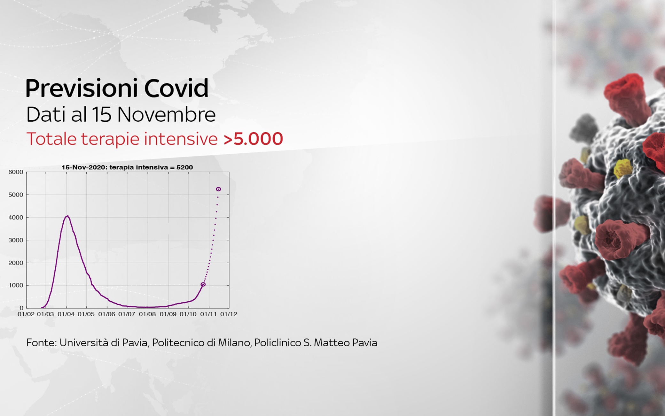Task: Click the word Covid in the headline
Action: pos(176,88)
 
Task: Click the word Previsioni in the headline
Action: pos(82,88)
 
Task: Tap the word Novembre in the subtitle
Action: pos(166,114)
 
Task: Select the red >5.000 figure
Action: pos(253,139)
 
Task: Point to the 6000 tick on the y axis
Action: pos(16,172)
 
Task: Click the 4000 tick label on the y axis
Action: pos(16,217)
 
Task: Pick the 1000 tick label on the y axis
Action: pos(16,285)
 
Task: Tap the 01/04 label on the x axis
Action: pos(66,314)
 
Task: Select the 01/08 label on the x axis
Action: pos(147,314)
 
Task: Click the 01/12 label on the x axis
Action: pos(229,314)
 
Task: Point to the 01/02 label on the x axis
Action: pos(26,314)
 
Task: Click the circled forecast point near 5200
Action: pos(218,189)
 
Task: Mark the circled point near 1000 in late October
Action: pos(203,284)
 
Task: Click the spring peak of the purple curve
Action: pos(67,216)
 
